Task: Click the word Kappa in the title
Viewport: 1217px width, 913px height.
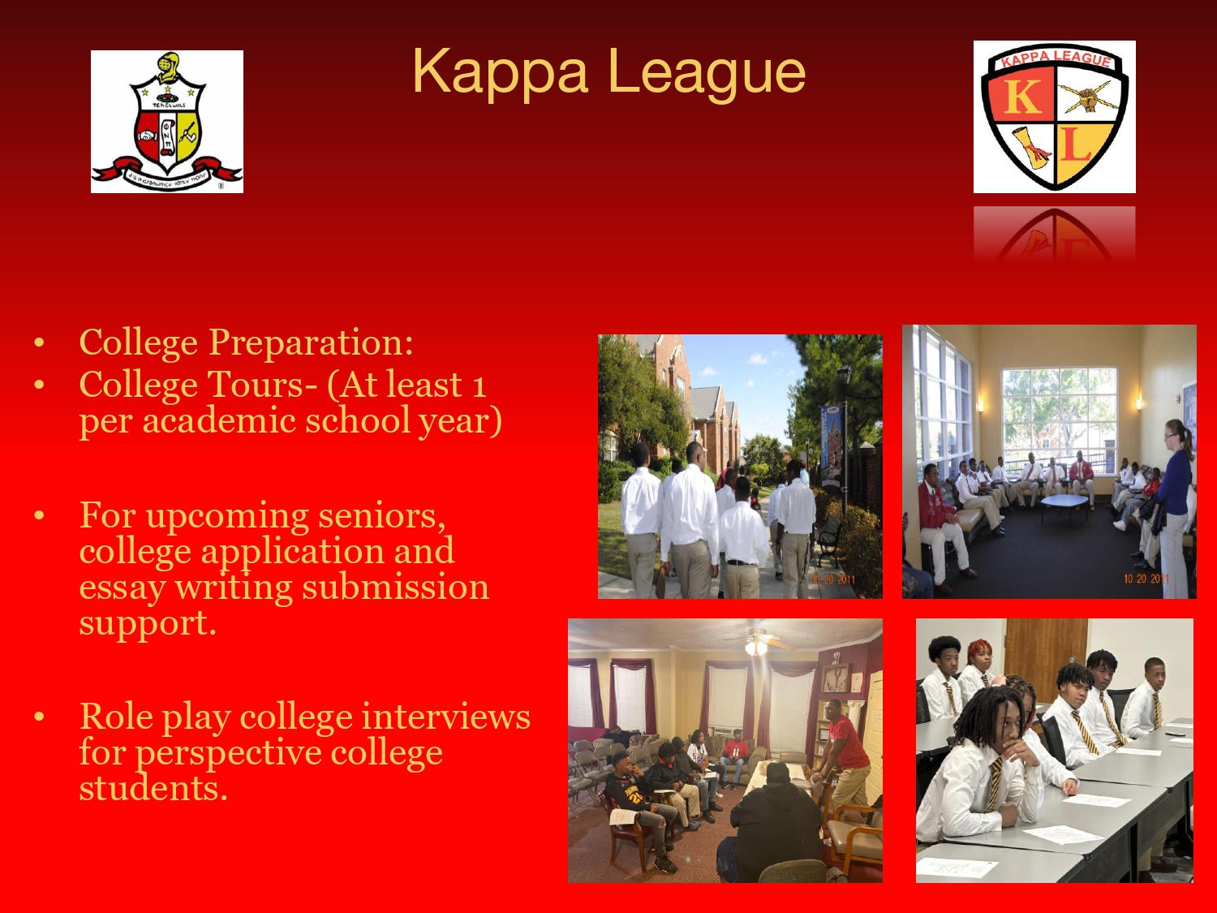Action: coord(500,73)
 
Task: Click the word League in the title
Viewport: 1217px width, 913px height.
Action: coord(707,75)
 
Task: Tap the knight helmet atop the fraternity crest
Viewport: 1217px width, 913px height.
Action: coord(168,67)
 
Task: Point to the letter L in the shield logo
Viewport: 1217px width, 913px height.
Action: coord(1076,146)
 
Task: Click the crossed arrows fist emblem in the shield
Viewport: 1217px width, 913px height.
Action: coord(1088,99)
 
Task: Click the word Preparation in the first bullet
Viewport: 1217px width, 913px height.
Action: coord(311,343)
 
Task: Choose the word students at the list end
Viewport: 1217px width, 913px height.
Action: coord(153,788)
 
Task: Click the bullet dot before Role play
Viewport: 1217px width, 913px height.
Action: coord(39,717)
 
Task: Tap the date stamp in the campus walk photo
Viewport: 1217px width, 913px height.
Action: coord(833,579)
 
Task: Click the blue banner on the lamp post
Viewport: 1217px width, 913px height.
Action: coord(829,443)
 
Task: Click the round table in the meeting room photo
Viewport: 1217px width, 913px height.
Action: coord(1064,502)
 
